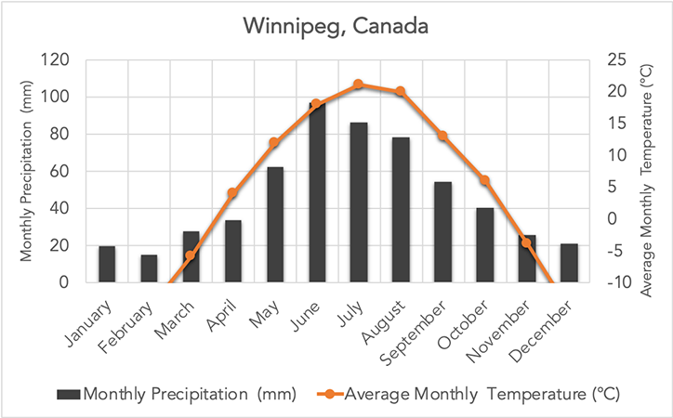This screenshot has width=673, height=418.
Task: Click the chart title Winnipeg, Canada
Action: click(x=336, y=25)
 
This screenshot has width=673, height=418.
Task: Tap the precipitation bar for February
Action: click(x=149, y=268)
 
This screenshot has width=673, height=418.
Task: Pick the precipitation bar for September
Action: click(x=442, y=232)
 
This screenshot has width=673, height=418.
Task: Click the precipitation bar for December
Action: click(x=569, y=263)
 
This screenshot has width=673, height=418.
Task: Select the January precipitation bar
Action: click(x=107, y=264)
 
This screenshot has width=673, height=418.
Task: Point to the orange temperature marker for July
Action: click(x=359, y=85)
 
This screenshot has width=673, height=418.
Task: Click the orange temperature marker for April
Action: click(x=232, y=193)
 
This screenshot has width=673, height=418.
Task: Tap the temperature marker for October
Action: click(x=484, y=180)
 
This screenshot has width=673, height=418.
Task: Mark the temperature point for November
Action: click(x=526, y=242)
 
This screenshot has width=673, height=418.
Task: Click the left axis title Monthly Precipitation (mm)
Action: click(x=25, y=172)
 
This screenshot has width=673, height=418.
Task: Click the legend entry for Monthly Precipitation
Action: click(x=177, y=394)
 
